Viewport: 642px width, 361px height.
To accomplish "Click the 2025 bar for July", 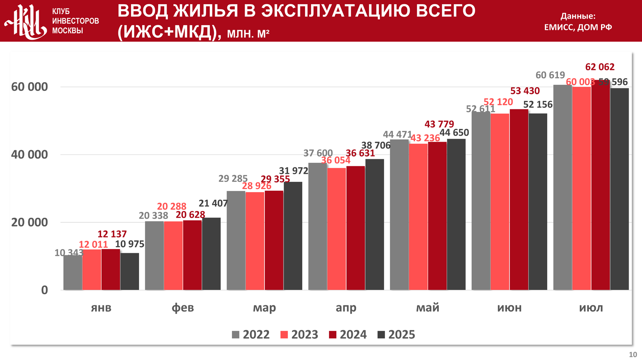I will point(619,189).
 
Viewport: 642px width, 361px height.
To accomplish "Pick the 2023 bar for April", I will point(337,229).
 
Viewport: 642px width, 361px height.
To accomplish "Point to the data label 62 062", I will point(600,67).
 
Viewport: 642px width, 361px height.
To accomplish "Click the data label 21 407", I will point(213,204).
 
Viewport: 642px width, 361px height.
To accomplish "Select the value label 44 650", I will point(454,133).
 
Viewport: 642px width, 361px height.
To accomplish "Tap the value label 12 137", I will point(112,234).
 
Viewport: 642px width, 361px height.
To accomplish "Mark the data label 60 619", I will point(550,75).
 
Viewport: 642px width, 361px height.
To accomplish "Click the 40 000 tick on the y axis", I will point(29,155).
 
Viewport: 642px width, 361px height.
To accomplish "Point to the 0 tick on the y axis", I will point(45,290).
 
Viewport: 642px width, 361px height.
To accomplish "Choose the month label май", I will point(428,308).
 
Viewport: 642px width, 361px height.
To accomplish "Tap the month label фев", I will point(183,308).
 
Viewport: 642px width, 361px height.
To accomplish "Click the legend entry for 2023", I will point(299,335).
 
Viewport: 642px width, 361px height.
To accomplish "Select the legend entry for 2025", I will point(396,335).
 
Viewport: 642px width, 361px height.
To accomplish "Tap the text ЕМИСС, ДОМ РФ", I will point(578,27).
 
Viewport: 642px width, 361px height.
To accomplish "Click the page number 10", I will point(633,355).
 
